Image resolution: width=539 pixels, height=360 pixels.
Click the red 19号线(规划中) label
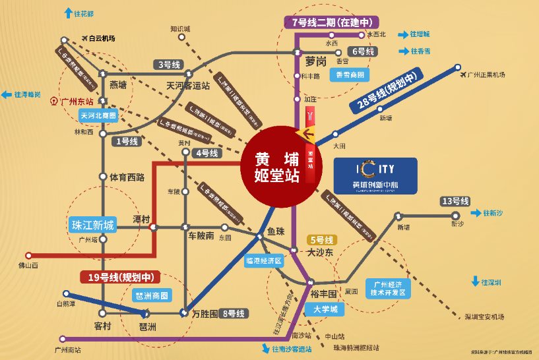coord(117,277)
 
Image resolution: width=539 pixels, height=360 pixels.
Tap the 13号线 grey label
coord(455,201)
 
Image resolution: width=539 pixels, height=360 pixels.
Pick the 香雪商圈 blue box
coord(349,75)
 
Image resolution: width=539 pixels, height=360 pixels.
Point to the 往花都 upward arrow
coord(67,13)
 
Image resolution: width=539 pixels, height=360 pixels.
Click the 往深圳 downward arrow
coord(474,282)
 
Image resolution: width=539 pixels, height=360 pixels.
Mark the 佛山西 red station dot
coord(28,255)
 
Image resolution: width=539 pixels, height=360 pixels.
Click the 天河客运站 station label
coord(188,85)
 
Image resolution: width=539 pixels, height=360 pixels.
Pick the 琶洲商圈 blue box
coord(151,295)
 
